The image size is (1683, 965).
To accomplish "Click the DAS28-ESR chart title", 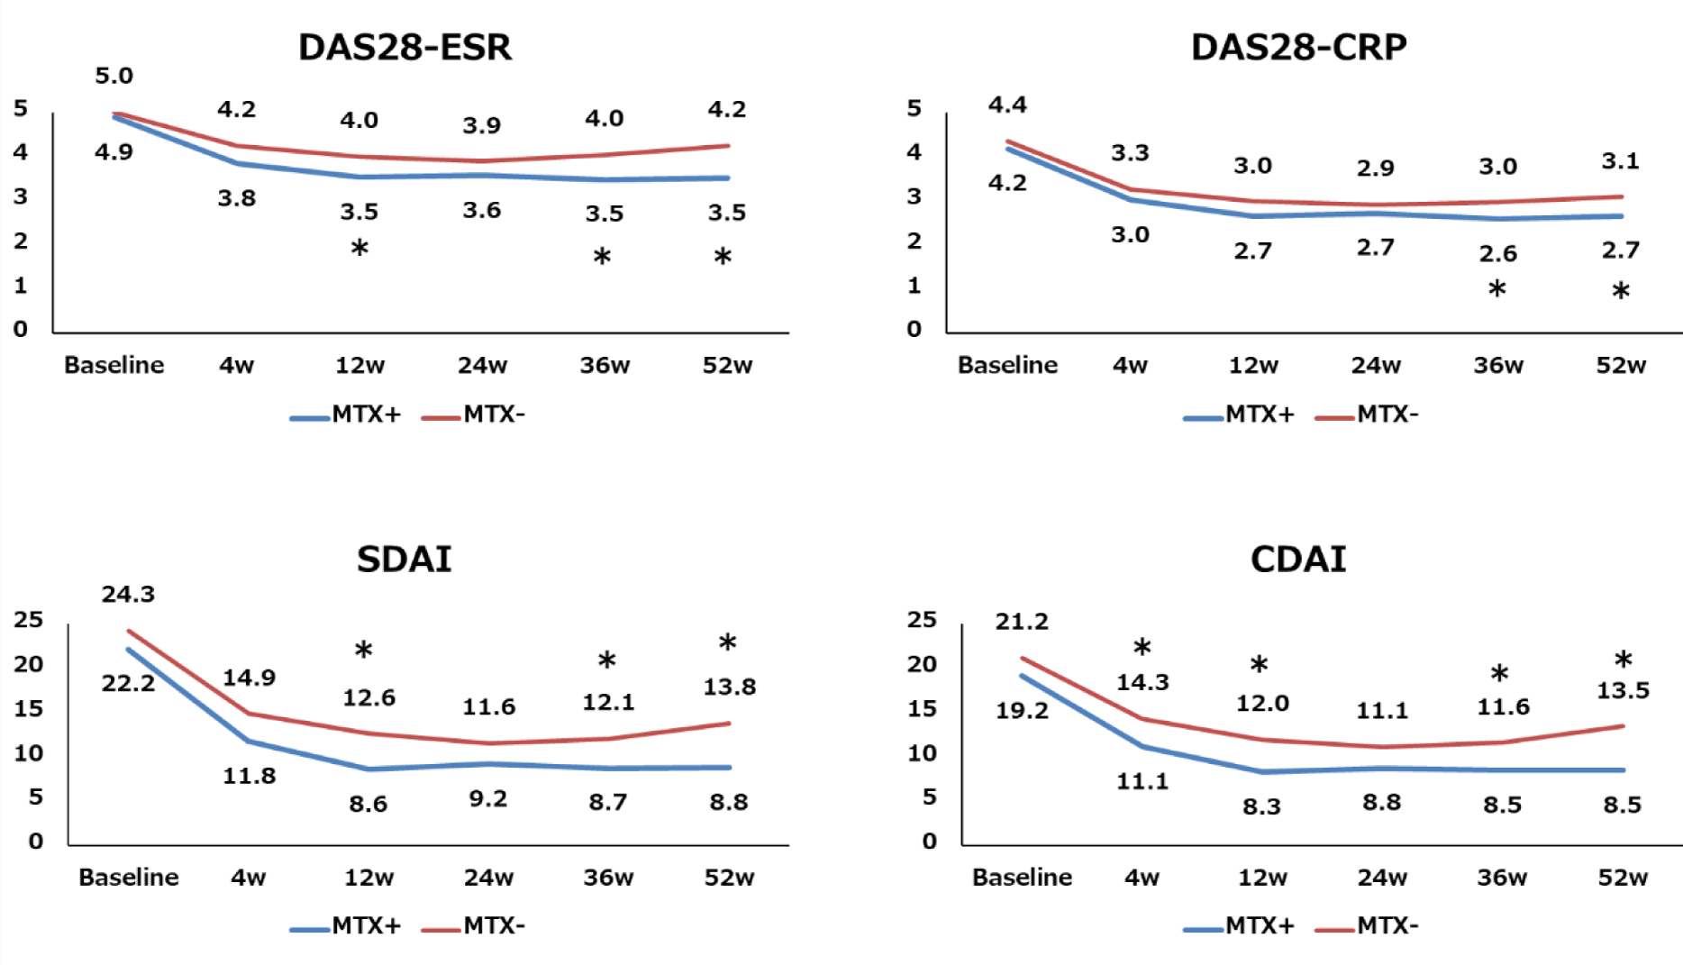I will (405, 48).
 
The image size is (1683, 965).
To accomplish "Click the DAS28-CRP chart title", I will (1298, 48).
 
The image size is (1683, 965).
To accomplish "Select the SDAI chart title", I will (404, 560).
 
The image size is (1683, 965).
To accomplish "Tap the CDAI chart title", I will (1297, 560).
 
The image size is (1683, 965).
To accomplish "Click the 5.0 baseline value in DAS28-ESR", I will (114, 77).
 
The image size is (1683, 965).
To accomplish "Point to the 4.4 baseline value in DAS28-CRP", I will (1007, 105).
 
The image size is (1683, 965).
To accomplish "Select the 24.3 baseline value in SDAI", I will (128, 595).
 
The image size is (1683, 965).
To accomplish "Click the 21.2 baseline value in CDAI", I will (1022, 622).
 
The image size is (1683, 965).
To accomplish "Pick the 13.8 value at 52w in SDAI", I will (729, 687).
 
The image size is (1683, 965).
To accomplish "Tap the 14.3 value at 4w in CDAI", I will (1142, 683).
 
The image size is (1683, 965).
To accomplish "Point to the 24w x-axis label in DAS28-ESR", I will (482, 366).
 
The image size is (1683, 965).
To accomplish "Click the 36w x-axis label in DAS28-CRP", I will (1498, 366).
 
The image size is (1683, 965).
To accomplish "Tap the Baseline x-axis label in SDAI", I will (128, 878).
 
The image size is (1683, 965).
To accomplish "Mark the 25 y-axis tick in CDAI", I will (922, 620).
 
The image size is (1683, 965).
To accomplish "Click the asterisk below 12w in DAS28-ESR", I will (359, 248).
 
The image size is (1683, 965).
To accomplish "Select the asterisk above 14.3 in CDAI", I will (1142, 647).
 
